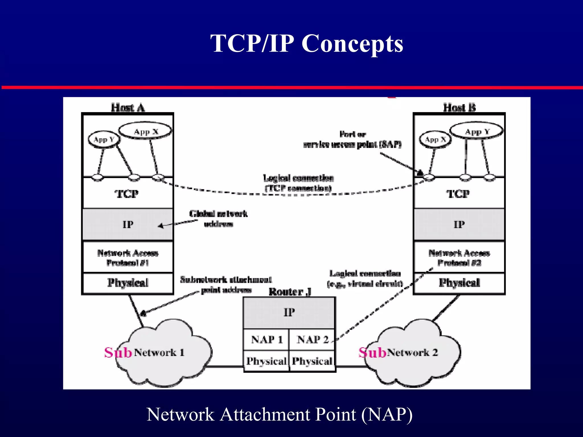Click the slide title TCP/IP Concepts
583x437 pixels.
pyautogui.click(x=307, y=43)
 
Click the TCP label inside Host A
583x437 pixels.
pyautogui.click(x=127, y=194)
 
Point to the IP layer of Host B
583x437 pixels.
pyautogui.click(x=459, y=224)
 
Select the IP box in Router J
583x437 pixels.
pyautogui.click(x=289, y=312)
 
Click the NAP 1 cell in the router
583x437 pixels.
pyautogui.click(x=266, y=339)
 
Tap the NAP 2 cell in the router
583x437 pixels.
pyautogui.click(x=312, y=339)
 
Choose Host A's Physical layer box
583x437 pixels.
pyautogui.click(x=128, y=283)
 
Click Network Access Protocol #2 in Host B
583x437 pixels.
pyautogui.click(x=459, y=257)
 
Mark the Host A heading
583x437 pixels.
pyautogui.click(x=128, y=108)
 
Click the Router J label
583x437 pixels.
pyautogui.click(x=290, y=292)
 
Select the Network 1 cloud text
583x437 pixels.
pyautogui.click(x=159, y=353)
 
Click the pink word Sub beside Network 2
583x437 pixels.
pyautogui.click(x=372, y=353)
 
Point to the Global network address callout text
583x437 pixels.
pyautogui.click(x=218, y=218)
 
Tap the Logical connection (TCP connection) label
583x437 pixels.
pyautogui.click(x=298, y=183)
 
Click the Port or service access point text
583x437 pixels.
pyautogui.click(x=352, y=139)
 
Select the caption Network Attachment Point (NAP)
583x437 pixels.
pyautogui.click(x=279, y=414)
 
